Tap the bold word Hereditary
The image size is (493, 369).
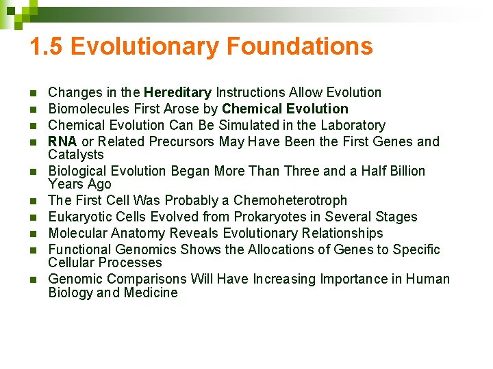coord(177,92)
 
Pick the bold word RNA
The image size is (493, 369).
coord(63,141)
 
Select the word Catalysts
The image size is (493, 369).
coord(76,154)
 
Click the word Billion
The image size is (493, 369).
coord(401,171)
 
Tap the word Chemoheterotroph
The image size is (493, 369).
coord(290,200)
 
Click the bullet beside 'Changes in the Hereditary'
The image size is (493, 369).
coord(33,93)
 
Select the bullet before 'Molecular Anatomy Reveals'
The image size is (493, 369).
coord(33,234)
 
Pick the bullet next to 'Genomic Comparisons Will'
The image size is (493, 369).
coord(33,279)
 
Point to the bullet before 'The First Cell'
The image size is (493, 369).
coord(33,201)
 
